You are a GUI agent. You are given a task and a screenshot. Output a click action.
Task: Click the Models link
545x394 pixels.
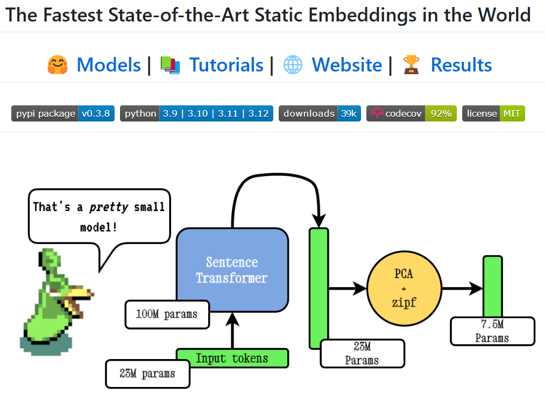tap(109, 65)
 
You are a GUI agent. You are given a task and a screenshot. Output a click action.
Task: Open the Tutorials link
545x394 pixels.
tap(226, 65)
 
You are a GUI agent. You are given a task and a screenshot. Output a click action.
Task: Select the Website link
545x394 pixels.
tap(346, 65)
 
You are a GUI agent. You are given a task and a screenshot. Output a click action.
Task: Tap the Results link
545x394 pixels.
tap(461, 65)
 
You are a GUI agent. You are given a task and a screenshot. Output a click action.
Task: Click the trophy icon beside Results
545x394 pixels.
tap(412, 65)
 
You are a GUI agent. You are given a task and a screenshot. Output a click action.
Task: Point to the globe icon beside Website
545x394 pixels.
tap(293, 65)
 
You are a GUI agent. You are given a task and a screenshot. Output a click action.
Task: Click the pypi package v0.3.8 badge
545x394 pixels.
tap(63, 113)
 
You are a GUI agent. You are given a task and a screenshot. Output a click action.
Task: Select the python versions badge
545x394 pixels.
tap(196, 113)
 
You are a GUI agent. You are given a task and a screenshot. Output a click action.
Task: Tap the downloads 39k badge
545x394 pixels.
tap(320, 113)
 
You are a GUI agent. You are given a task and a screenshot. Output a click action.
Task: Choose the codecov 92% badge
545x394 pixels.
tap(412, 113)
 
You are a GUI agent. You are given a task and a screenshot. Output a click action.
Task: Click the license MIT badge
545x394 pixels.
tap(493, 113)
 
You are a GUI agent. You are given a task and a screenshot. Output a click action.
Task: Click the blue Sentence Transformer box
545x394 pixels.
tap(232, 270)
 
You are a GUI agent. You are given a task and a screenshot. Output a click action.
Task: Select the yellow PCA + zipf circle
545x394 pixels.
tap(404, 288)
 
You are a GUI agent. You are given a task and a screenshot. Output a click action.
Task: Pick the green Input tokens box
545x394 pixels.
tap(232, 358)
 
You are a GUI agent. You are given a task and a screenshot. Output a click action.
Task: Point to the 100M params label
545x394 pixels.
tap(166, 314)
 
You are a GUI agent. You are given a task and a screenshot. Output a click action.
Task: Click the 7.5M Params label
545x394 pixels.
tap(492, 331)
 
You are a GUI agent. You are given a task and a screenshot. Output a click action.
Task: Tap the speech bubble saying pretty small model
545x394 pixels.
tap(98, 215)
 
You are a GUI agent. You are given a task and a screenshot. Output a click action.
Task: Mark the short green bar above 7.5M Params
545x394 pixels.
tap(492, 286)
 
